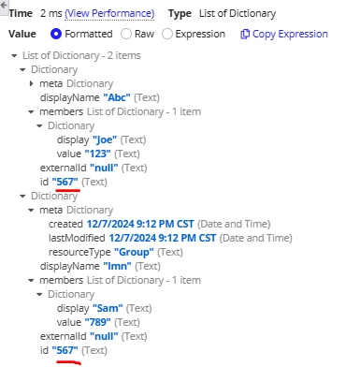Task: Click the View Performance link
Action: click(109, 13)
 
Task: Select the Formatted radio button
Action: click(56, 34)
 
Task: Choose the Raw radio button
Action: click(126, 34)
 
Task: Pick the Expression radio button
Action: click(167, 34)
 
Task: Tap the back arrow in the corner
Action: click(4, 5)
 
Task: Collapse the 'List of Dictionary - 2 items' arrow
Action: click(14, 56)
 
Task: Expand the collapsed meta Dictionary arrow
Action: click(31, 83)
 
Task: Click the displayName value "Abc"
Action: click(117, 97)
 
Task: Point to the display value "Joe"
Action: click(105, 139)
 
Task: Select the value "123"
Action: click(97, 154)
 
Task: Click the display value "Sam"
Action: click(108, 308)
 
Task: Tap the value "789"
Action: click(97, 322)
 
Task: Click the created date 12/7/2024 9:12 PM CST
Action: click(140, 224)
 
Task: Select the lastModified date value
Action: click(163, 238)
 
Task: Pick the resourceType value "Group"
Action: click(134, 252)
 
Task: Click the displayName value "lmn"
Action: click(117, 266)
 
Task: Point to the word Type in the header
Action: click(180, 14)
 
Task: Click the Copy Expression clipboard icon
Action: click(245, 34)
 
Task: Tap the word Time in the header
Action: click(21, 13)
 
